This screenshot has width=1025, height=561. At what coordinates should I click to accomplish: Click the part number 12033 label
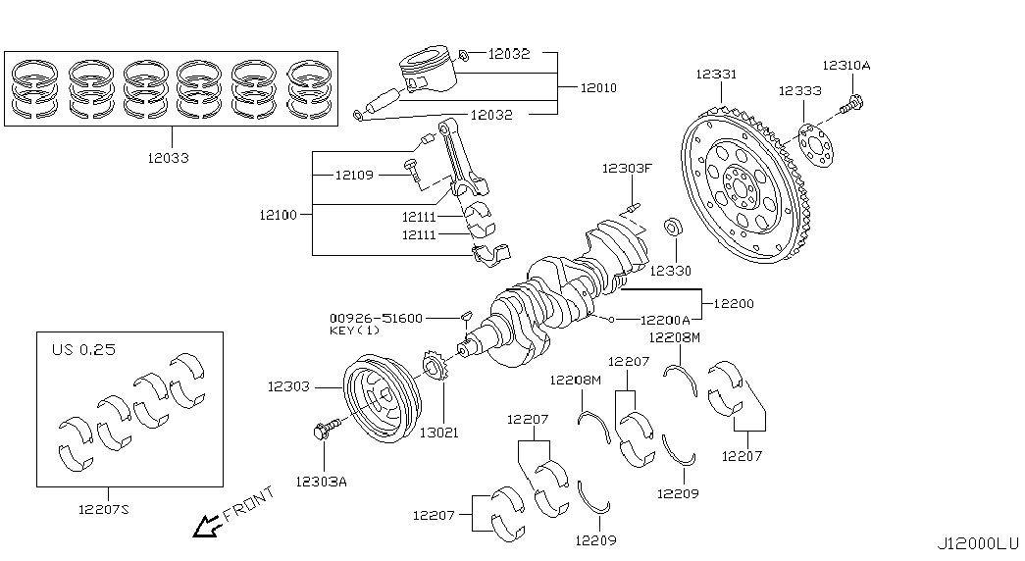(168, 158)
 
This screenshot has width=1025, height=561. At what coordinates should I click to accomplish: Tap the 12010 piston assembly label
(598, 87)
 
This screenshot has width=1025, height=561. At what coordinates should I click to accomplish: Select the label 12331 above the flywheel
(716, 74)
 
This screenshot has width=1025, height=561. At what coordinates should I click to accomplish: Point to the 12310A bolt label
(846, 66)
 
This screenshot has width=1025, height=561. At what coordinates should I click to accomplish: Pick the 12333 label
(800, 91)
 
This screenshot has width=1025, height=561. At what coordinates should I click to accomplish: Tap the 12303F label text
(627, 169)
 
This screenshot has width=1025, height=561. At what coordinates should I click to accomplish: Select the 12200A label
(665, 320)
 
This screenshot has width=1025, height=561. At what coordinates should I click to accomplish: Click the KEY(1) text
(354, 331)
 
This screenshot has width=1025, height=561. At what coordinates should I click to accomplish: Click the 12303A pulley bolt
(327, 429)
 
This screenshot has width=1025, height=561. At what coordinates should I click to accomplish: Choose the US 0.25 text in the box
(83, 349)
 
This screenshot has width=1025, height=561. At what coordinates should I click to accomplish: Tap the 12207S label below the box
(103, 509)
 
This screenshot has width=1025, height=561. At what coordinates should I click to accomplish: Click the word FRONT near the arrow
(248, 504)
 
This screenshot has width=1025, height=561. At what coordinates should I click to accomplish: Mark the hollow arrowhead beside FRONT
(207, 525)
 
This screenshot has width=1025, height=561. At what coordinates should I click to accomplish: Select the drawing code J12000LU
(978, 543)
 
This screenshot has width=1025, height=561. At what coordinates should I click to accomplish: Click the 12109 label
(354, 176)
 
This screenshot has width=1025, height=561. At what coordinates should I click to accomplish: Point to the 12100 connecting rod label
(278, 215)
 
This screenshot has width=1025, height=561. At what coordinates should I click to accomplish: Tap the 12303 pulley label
(288, 387)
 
